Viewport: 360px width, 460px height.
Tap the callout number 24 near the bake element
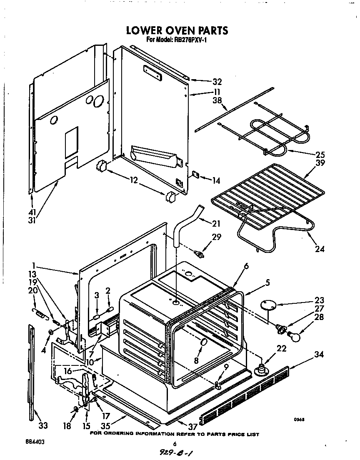[320, 249]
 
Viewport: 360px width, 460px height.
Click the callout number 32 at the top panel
[217, 82]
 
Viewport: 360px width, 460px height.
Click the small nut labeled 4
[50, 332]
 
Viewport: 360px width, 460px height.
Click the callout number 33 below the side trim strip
[43, 425]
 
